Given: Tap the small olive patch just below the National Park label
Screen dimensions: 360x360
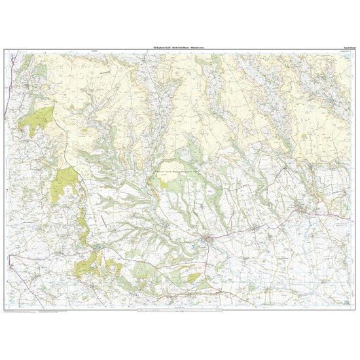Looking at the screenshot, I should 176,185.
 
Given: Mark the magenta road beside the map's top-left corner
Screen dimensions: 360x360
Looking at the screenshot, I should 9,59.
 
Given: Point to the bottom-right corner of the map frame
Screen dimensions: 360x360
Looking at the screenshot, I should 356,310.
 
